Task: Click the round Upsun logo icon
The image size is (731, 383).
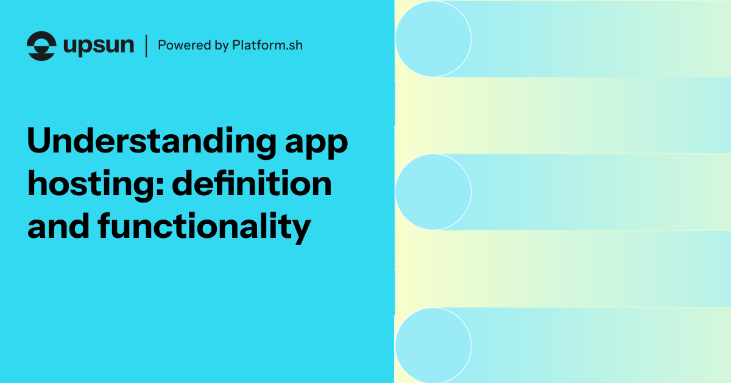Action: point(41,46)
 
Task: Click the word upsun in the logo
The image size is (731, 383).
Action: point(99,46)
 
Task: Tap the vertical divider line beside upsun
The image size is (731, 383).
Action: point(146,46)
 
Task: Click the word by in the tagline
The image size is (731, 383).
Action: point(222,46)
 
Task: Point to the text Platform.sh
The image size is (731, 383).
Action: point(267,45)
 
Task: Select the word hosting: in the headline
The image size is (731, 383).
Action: point(96,185)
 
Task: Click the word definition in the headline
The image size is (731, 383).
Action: point(252,183)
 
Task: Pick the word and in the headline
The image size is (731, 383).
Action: point(58,226)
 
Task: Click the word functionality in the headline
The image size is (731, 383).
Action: point(204,227)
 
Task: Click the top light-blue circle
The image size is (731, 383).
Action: point(433,39)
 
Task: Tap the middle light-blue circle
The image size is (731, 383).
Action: point(433,192)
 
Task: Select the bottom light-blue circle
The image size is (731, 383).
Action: point(433,345)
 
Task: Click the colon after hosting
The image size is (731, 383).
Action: point(160,187)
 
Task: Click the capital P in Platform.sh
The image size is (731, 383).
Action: point(236,45)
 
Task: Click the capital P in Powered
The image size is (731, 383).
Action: point(162,45)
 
